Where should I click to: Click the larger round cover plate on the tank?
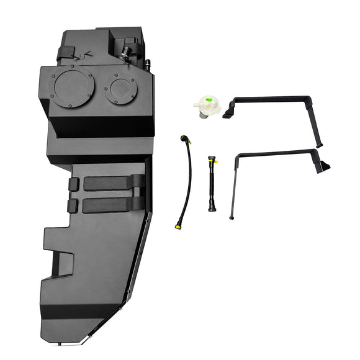tap(73, 88)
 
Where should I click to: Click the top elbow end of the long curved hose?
tap(184, 139)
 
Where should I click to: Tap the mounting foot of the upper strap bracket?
tap(227, 115)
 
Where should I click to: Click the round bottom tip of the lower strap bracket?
tap(232, 218)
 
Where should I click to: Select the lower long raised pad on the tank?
tap(112, 205)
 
